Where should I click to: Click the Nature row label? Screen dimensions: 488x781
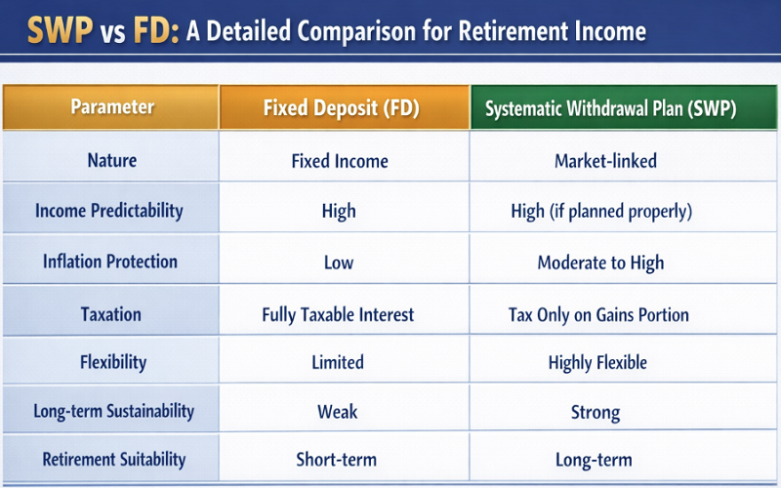[112, 160]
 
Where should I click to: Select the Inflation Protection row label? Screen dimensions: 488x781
[110, 262]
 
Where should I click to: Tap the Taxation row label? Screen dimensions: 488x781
[111, 314]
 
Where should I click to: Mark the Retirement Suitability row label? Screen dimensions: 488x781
[113, 459]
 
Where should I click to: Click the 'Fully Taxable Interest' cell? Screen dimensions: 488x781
[338, 314]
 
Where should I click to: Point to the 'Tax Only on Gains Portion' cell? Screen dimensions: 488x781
[598, 314]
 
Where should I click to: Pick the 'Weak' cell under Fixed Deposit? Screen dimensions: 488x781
[338, 412]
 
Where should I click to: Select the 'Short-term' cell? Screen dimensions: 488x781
[337, 460]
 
